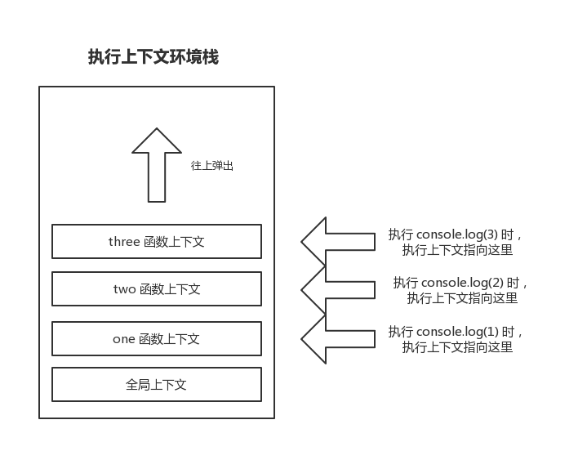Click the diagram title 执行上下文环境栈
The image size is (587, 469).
coord(153,57)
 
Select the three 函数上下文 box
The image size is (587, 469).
coord(157,241)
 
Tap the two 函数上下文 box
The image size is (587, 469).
coord(157,289)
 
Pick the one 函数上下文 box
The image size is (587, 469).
coord(157,339)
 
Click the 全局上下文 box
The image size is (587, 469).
coord(157,384)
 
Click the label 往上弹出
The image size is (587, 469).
coord(212,166)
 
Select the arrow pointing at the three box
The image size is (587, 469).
coord(336,241)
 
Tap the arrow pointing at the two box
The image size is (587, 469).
coord(336,289)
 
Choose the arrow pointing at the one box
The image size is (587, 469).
coord(336,338)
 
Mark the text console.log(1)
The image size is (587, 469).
coord(458,332)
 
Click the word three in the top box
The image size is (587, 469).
coord(124,242)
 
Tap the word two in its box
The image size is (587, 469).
coord(125,289)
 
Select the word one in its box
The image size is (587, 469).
coord(124,339)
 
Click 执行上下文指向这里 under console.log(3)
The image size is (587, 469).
coord(457,251)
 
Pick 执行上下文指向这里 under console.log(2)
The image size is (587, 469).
coord(462,298)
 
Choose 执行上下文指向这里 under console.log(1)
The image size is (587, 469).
coord(457,347)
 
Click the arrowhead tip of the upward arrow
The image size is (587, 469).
coord(157,131)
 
